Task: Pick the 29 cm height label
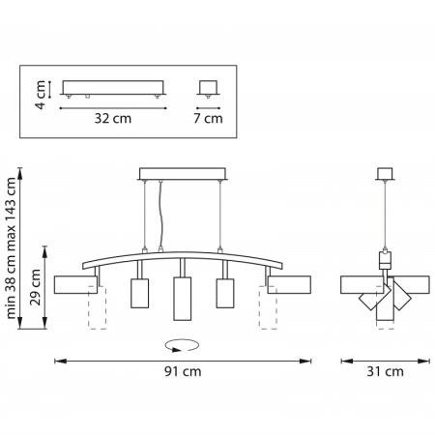click(x=36, y=286)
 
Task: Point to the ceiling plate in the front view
click(x=182, y=174)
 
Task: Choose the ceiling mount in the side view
click(x=388, y=175)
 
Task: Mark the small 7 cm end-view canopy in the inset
click(x=206, y=88)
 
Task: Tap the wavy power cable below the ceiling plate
click(x=161, y=217)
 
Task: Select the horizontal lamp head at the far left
click(x=73, y=284)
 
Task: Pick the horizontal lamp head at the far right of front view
click(x=289, y=284)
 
